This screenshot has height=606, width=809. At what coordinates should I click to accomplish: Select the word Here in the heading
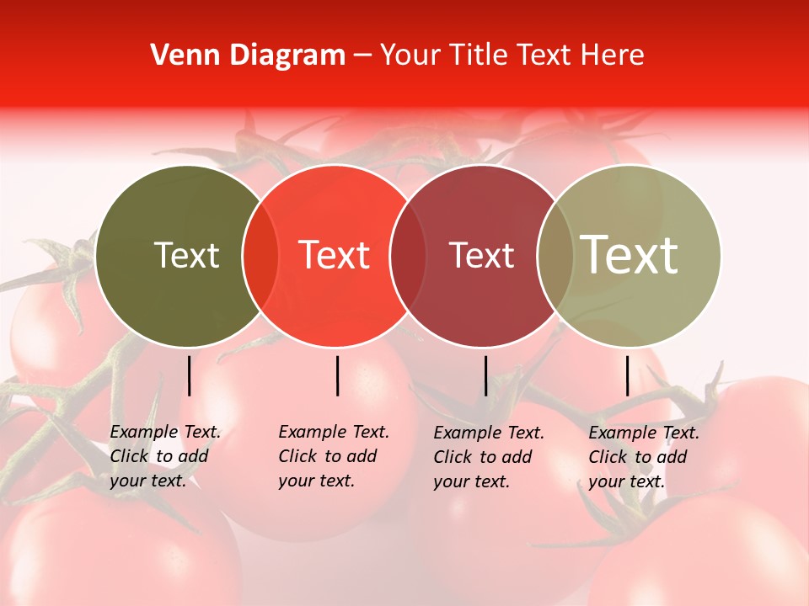(x=613, y=56)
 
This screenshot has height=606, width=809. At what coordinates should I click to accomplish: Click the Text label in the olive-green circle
(x=187, y=255)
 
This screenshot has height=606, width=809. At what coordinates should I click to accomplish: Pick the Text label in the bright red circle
(x=335, y=255)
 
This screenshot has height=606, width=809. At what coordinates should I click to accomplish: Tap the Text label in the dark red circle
(x=482, y=255)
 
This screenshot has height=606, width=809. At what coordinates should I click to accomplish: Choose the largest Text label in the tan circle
(x=630, y=255)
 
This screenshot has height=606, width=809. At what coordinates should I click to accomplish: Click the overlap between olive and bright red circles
(x=260, y=256)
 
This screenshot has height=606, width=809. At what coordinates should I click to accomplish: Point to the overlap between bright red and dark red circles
(x=408, y=256)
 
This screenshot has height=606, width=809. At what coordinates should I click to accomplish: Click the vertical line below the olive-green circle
(x=190, y=375)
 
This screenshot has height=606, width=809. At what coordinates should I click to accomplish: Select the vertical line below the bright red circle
(x=337, y=375)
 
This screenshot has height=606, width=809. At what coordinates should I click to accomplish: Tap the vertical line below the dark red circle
(x=485, y=375)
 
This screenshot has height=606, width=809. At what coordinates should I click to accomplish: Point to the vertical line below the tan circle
(x=627, y=375)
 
